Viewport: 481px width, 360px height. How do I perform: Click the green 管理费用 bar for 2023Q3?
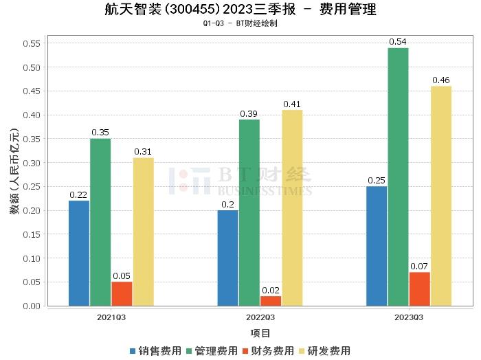(x=398, y=177)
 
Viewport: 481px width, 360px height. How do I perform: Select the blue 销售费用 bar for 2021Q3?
(x=79, y=253)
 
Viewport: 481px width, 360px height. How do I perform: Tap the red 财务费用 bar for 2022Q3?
(x=271, y=300)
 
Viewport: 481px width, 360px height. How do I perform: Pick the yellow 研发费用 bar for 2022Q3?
(x=292, y=207)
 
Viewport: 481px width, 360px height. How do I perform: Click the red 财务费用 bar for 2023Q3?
(x=419, y=289)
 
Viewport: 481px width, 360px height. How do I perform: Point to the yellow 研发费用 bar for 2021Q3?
(x=144, y=232)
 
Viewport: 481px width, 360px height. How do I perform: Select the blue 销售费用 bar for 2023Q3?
(x=377, y=246)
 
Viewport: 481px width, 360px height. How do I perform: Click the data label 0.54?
(x=398, y=42)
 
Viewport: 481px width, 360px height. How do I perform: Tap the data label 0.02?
(x=271, y=290)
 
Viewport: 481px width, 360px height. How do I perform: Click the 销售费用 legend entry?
(x=155, y=350)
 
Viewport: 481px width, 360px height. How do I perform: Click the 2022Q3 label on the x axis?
(x=260, y=317)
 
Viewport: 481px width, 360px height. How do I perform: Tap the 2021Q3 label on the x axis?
(x=111, y=317)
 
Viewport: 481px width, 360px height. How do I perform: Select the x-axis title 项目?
(x=260, y=333)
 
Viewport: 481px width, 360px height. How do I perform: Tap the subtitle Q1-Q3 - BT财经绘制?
(x=240, y=23)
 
